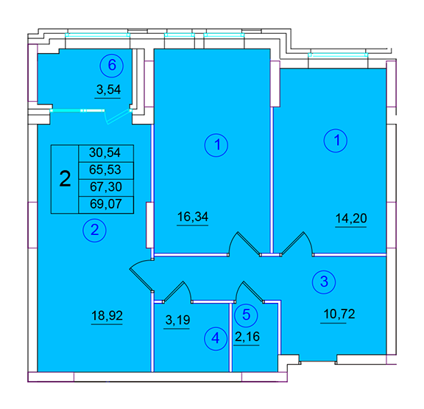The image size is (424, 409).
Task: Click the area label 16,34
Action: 193,217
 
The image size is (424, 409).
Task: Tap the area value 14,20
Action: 351,218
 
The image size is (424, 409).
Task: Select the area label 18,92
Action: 107,315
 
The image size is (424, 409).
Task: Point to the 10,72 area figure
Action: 339,314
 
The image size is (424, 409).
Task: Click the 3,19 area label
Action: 177,320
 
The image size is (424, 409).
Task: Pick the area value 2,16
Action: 247,337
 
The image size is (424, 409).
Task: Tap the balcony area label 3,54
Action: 108,90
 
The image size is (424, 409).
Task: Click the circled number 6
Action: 112,66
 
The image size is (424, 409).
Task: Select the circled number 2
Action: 95,230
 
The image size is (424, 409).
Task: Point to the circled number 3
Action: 324,282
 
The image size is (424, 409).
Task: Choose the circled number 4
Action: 216,338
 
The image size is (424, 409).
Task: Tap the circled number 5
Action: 247,315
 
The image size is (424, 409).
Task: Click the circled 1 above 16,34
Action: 216,145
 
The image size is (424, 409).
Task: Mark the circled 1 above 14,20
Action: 336,141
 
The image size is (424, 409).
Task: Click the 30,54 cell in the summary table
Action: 106,153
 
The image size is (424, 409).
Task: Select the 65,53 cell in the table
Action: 106,170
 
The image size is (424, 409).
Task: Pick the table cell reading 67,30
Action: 106,188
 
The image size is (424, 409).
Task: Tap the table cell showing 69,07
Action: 106,205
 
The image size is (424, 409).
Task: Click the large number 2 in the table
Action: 65,179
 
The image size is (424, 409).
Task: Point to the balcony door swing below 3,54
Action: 119,117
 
